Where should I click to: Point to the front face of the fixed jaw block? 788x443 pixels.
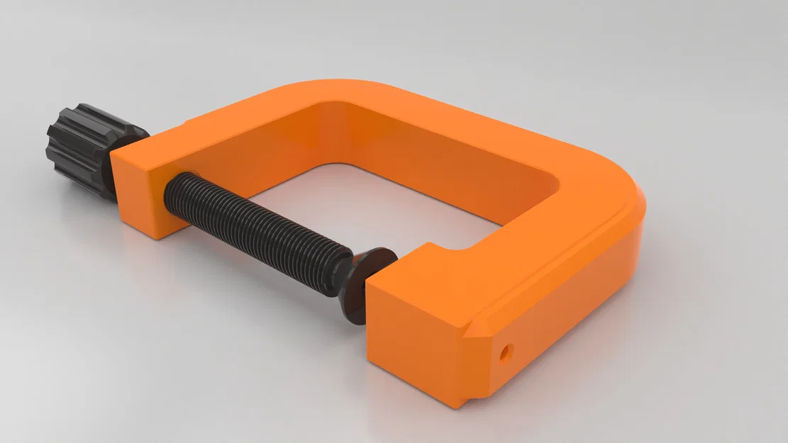[411, 340]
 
